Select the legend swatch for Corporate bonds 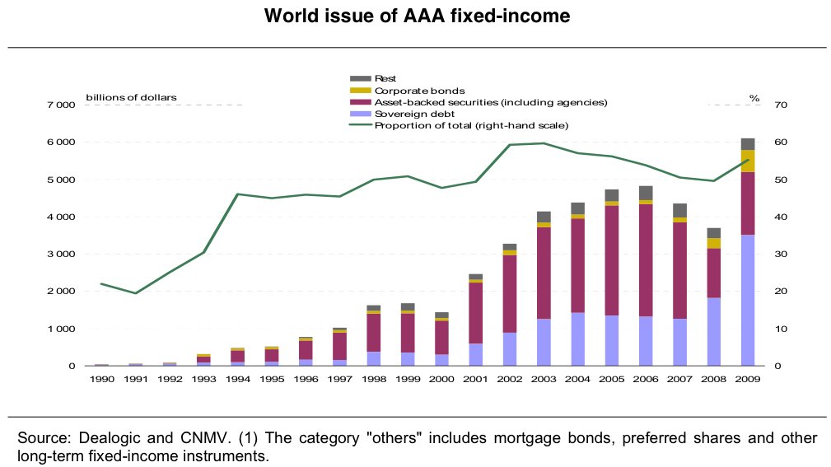tap(361, 91)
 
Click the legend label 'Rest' tap(385, 79)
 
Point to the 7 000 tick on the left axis tap(61, 105)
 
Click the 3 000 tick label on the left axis tap(61, 255)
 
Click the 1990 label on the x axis tap(102, 379)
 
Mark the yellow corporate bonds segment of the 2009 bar tap(748, 161)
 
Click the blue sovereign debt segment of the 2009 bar tap(748, 300)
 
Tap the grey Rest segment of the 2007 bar tap(679, 210)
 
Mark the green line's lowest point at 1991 tap(136, 293)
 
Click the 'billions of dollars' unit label tap(131, 97)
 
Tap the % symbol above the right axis tap(754, 98)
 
